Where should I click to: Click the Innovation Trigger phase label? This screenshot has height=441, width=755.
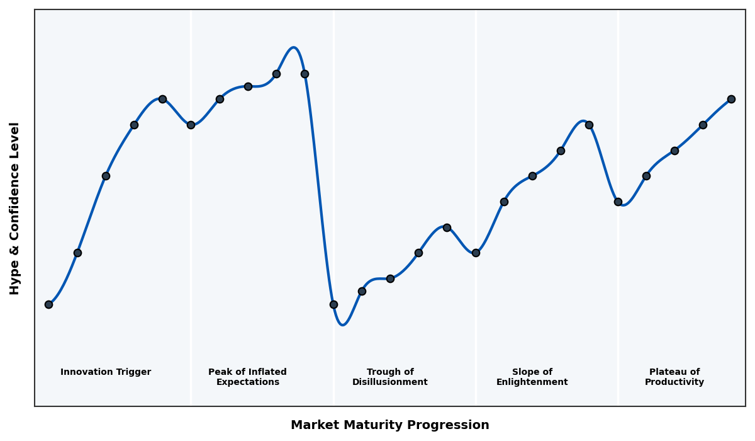point(106,372)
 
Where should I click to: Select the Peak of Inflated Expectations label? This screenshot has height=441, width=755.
point(247,377)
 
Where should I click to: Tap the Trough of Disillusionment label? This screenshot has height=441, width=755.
point(389,377)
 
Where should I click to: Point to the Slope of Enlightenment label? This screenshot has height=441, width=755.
point(532,377)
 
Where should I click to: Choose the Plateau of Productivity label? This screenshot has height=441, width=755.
point(674,377)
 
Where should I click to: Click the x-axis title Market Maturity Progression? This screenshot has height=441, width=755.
point(389,425)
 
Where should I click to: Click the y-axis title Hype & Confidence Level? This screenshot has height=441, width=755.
point(15,208)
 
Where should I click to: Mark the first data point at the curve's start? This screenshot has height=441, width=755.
point(48,304)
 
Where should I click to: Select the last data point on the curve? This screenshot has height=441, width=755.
point(731,99)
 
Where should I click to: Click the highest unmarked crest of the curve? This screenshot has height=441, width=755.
point(293,48)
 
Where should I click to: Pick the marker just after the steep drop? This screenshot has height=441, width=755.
point(333,304)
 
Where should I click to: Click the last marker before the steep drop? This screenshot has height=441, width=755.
point(305,74)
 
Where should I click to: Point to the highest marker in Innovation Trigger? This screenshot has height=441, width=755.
point(162,99)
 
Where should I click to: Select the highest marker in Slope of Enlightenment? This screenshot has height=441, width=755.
point(589,125)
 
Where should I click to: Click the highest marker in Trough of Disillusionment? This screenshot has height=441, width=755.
point(447,227)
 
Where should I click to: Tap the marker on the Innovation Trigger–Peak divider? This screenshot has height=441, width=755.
point(191,125)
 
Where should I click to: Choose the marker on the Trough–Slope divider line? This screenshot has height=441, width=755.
point(476,253)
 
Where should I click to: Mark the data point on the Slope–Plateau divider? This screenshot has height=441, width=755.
point(618,202)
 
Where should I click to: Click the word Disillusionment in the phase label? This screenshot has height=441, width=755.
point(389,382)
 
